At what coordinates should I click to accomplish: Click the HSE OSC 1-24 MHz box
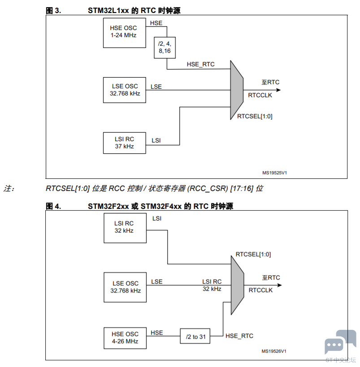[x=124, y=33]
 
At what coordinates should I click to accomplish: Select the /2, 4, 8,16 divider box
[x=165, y=47]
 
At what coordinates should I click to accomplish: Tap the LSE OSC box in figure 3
[x=124, y=90]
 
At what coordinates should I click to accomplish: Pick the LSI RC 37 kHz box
[x=124, y=143]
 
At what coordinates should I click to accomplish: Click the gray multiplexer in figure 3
[x=237, y=90]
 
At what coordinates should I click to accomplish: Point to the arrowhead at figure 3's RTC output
[x=278, y=90]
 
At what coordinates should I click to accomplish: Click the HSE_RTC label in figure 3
[x=200, y=65]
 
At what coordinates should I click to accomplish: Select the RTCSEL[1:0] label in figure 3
[x=255, y=117]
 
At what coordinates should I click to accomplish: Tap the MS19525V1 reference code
[x=274, y=173]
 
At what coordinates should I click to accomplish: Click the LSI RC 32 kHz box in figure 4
[x=125, y=228]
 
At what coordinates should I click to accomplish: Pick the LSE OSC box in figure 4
[x=125, y=287]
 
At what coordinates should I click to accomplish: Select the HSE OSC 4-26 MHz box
[x=125, y=338]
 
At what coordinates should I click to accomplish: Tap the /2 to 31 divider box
[x=195, y=336]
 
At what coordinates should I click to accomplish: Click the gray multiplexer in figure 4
[x=237, y=285]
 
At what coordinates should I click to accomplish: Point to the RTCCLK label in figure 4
[x=260, y=290]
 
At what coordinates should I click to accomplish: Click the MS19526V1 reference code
[x=274, y=351]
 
